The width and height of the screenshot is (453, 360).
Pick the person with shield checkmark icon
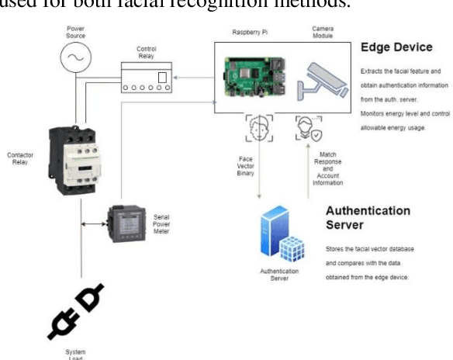(306, 128)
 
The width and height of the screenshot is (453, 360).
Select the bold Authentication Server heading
(367, 217)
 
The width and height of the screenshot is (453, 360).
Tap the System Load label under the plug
(75, 353)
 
